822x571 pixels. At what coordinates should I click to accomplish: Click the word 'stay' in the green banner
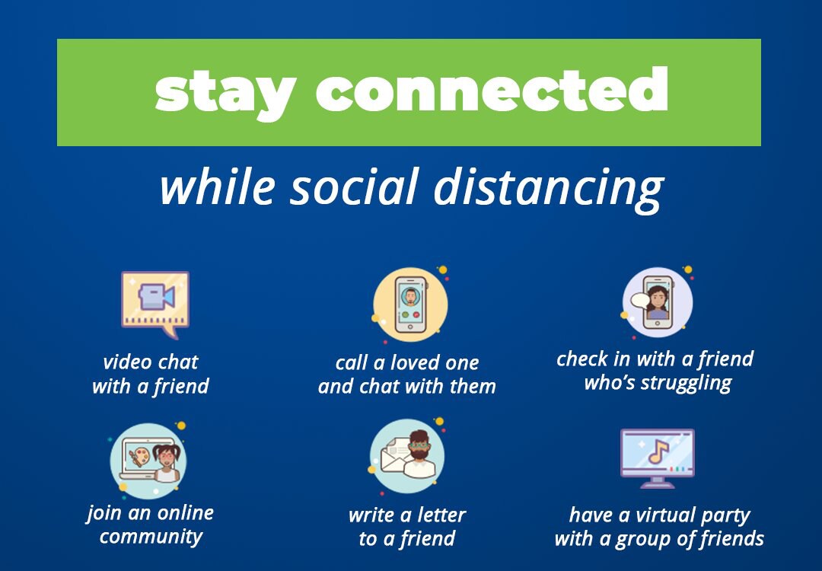pyautogui.click(x=225, y=94)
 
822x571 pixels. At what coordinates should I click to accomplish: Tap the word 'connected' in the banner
pyautogui.click(x=492, y=88)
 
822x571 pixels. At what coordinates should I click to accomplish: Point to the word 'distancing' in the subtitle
pyautogui.click(x=549, y=190)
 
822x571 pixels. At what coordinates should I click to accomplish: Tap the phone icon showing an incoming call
pyautogui.click(x=410, y=305)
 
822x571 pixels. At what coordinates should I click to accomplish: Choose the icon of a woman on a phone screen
pyautogui.click(x=658, y=301)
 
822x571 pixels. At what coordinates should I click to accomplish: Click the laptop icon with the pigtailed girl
pyautogui.click(x=149, y=460)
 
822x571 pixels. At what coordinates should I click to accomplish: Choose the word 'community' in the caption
pyautogui.click(x=151, y=537)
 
